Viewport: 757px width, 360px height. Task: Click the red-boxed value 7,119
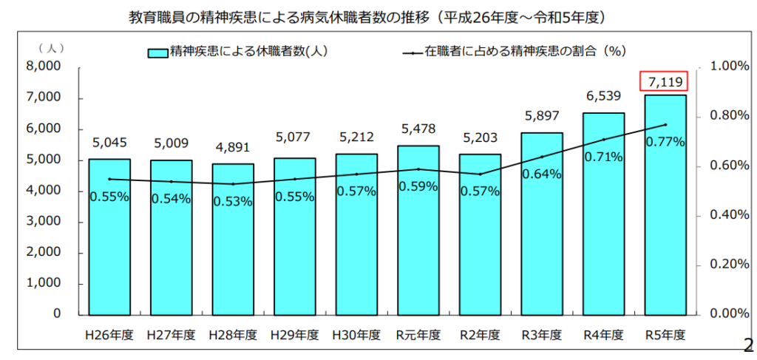coord(665,81)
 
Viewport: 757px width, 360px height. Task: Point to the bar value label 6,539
coord(603,96)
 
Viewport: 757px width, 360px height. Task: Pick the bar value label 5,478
coord(418,129)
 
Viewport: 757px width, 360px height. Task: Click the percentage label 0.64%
coord(541,174)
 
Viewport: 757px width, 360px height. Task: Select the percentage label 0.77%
coord(665,142)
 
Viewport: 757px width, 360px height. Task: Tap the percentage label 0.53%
coord(233,201)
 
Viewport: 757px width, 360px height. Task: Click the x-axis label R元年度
coord(418,334)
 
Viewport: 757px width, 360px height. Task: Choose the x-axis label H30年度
coord(356,334)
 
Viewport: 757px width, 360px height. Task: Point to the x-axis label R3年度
coord(541,334)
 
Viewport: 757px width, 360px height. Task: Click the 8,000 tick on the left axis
coord(45,67)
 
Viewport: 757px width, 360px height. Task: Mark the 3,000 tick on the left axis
coord(45,221)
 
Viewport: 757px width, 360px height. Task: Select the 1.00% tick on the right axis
coord(729,67)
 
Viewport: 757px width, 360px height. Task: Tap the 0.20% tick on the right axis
coord(729,264)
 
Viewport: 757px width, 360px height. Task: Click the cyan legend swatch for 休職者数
coord(157,52)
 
